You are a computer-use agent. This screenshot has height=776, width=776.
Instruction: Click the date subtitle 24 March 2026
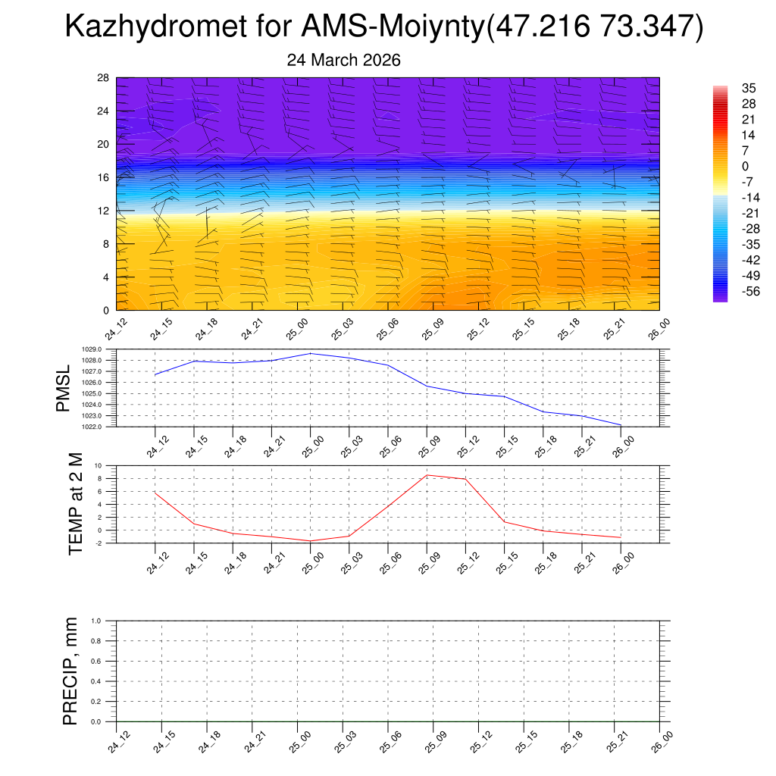click(343, 60)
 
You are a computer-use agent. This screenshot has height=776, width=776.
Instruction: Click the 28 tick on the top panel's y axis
click(104, 78)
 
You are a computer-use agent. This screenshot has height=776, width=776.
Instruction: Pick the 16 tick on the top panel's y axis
click(104, 177)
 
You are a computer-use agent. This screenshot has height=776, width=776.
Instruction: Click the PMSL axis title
click(63, 388)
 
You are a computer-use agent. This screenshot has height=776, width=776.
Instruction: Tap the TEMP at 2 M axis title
click(74, 503)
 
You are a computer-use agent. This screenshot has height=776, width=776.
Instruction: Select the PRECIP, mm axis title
click(70, 671)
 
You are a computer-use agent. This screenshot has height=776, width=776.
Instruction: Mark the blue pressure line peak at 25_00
click(311, 353)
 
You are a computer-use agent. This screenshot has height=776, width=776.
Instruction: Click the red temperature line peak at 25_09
click(427, 475)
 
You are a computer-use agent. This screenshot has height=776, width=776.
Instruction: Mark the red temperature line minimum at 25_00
click(311, 541)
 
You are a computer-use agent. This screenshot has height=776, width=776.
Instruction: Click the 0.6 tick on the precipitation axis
click(96, 661)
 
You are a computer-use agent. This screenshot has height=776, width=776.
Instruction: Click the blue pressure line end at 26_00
click(621, 425)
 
